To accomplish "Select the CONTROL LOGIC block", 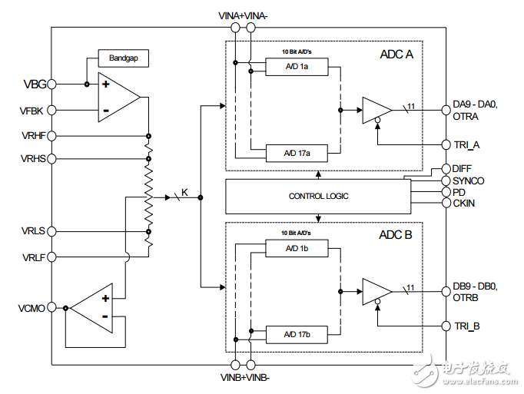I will (318, 196).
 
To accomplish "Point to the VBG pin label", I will (33, 84).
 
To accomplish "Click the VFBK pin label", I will (32, 111).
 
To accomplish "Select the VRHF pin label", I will (32, 135).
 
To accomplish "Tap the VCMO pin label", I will (32, 308).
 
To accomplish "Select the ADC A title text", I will (396, 55).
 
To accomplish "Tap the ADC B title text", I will (396, 235).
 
